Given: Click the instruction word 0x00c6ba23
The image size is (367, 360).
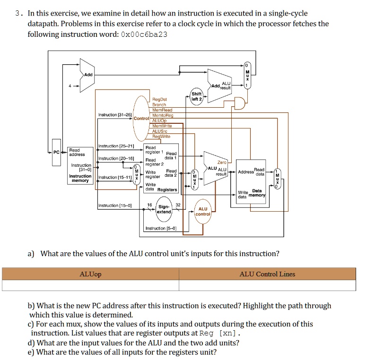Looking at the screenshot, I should point(144,34).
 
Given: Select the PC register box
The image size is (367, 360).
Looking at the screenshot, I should point(56,152).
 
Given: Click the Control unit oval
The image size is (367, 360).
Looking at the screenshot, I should point(141,118).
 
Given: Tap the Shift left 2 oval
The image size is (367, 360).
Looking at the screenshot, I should point(196,96).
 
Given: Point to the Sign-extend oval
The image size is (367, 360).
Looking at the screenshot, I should point(164,209).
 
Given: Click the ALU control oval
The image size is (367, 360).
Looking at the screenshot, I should point(203,211).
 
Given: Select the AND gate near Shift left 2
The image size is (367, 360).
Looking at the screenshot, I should point(240,103).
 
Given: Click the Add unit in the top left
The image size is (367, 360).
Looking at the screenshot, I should point(87,75).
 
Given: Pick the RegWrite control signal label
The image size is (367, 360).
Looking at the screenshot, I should point(162,137).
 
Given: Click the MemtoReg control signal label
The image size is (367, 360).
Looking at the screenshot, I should point(163,115).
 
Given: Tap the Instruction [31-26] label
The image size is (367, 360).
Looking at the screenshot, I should point(114,115).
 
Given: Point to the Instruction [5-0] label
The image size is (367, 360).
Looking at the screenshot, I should point(160,228).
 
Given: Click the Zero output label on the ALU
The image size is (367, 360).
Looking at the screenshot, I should point(222,163).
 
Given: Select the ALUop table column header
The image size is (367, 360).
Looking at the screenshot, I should point(90,274).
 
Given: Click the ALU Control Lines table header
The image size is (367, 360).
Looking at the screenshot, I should point(267,274).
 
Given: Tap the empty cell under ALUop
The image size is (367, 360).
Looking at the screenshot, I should point(90,285).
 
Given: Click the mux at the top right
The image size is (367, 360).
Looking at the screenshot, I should point(247,77).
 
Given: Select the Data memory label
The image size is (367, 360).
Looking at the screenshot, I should point(257,193).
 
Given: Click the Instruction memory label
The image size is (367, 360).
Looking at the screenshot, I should point(80,178).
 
